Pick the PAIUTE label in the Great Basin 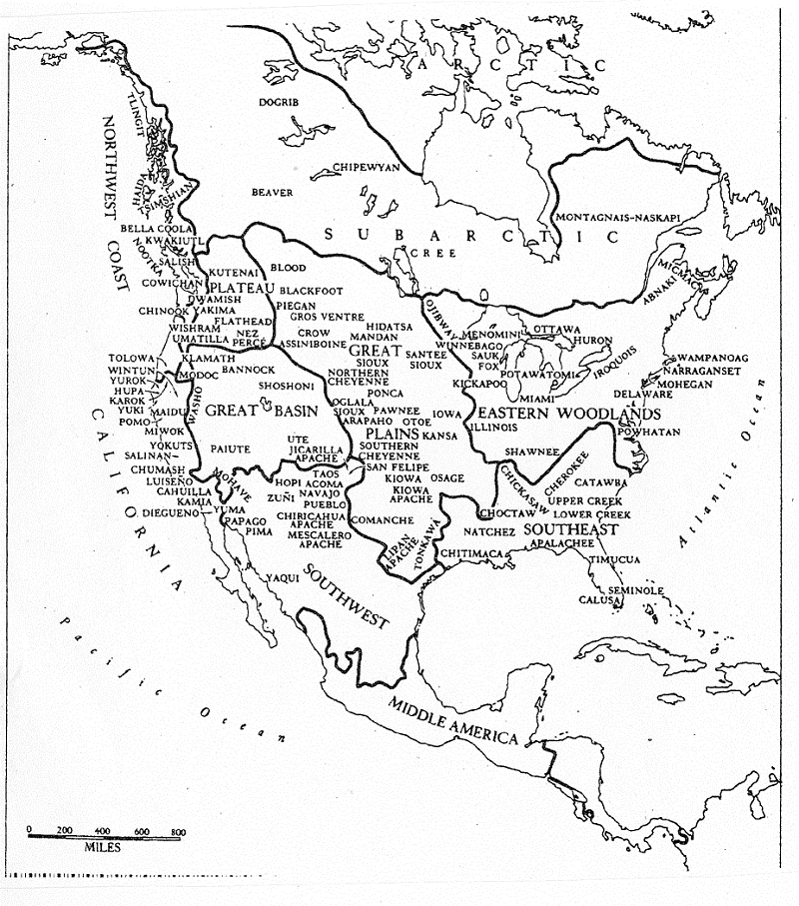tap(232, 449)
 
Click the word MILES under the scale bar tap(103, 847)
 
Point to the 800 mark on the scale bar tap(177, 831)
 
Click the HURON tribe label tap(593, 341)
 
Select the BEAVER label tap(272, 192)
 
